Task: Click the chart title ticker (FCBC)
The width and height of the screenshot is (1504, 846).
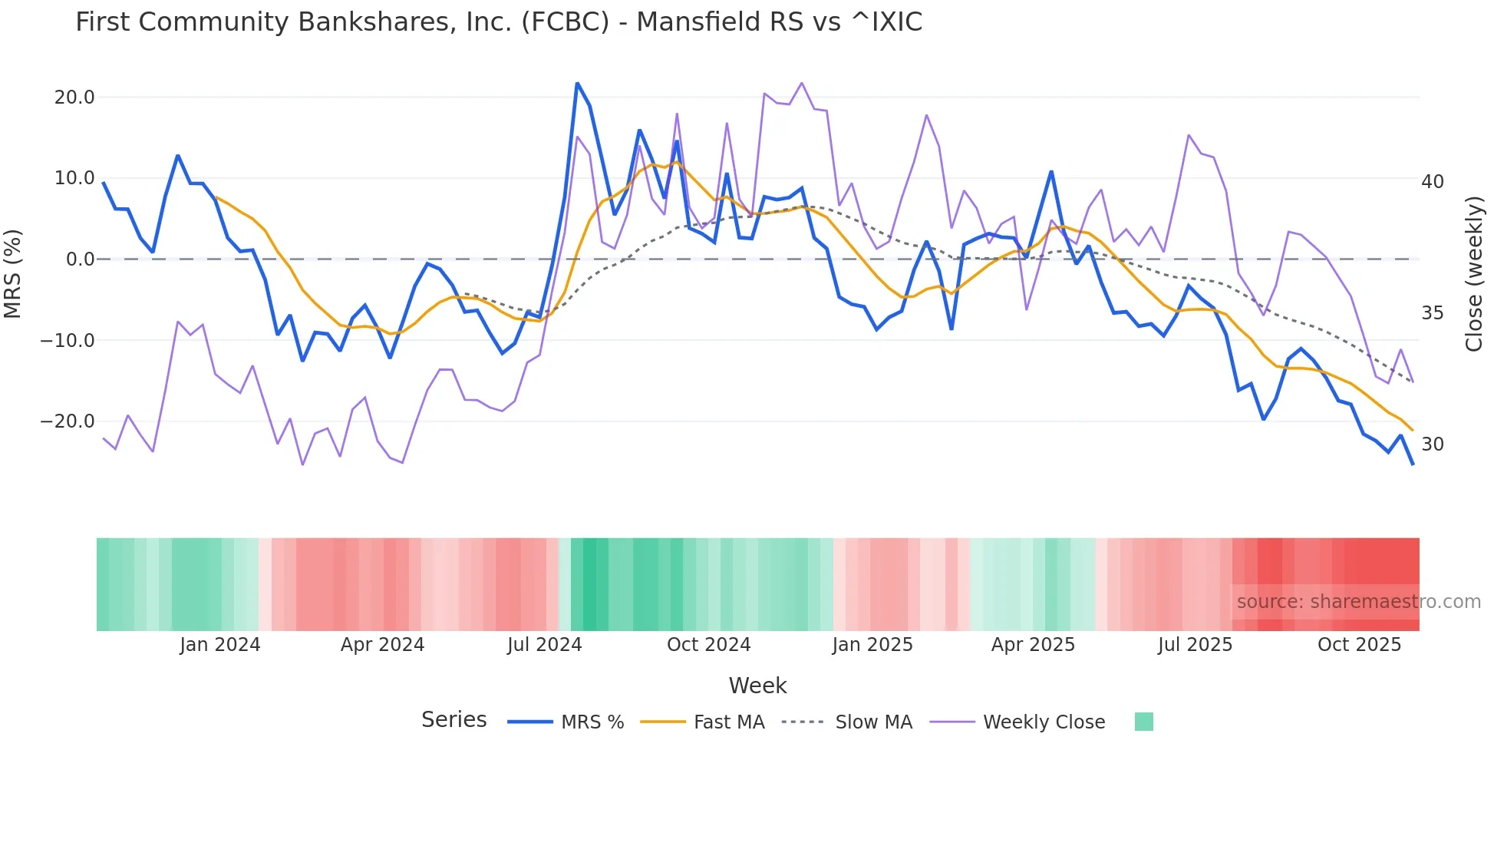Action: (565, 22)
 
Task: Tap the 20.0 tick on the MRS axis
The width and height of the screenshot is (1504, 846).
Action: (74, 97)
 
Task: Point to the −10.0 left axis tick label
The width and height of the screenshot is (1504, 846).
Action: (68, 340)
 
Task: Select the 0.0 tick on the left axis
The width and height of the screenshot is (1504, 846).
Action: (80, 259)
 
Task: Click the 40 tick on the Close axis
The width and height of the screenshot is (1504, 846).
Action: (1433, 182)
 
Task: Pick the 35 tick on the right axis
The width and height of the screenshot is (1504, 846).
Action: (1433, 313)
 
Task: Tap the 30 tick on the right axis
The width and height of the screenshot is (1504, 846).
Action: (1433, 444)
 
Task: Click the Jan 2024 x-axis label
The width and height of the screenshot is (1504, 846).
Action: (220, 645)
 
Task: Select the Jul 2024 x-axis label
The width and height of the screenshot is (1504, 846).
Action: (545, 645)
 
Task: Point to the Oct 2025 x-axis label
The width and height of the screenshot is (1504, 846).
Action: (1359, 645)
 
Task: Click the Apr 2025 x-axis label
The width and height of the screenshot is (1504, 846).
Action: (1033, 645)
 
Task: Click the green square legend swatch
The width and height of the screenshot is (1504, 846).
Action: (1143, 722)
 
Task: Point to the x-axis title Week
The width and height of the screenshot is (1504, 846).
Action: (757, 686)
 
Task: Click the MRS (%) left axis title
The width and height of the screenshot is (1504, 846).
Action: (13, 273)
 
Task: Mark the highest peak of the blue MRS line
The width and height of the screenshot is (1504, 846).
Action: (577, 83)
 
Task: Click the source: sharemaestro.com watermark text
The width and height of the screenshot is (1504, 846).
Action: (1358, 602)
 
